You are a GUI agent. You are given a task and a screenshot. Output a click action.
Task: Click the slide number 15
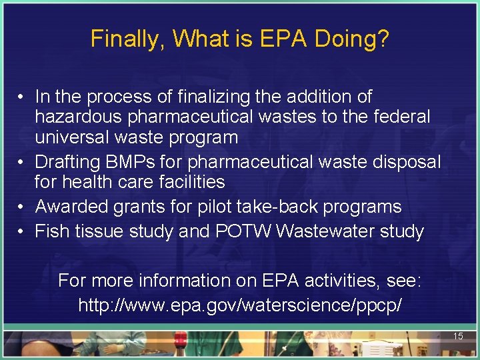point(458,337)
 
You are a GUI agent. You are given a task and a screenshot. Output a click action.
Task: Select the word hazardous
point(78,117)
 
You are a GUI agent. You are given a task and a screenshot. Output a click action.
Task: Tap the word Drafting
point(73,161)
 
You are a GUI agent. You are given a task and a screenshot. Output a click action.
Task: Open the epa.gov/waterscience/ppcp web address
point(240,306)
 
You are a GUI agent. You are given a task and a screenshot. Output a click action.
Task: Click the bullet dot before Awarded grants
point(22,207)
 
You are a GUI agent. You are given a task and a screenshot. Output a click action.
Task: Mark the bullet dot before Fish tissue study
point(22,231)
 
